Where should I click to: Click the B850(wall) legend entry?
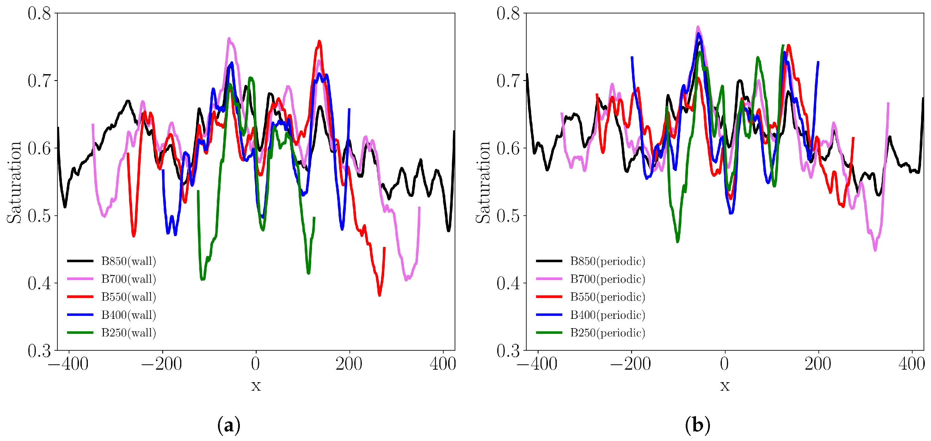pos(128,261)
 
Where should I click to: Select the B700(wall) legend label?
pos(128,279)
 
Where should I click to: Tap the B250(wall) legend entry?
pos(128,332)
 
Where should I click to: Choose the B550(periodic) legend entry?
pos(608,297)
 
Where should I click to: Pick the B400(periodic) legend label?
pos(608,315)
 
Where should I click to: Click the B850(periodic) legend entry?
pos(608,261)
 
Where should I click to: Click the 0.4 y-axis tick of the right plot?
pos(508,283)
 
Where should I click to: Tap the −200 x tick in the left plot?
pos(161,364)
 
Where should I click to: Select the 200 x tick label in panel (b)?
pos(818,364)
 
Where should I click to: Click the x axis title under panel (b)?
pos(725,385)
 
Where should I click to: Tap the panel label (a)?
pos(229,425)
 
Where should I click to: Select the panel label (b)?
pos(697,425)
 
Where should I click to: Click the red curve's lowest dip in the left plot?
pos(379,295)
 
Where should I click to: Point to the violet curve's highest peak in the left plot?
pos(229,38)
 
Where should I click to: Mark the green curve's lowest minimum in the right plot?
pos(678,241)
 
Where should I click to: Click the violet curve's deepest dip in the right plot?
pos(875,249)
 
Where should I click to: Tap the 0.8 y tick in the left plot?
pos(39,13)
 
